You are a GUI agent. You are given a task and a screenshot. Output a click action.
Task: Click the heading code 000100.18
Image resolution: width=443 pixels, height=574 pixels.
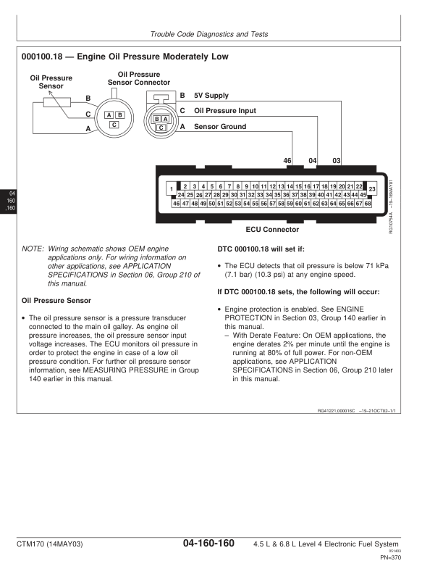click(44, 57)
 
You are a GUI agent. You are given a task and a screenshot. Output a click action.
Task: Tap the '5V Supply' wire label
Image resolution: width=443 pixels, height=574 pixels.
click(211, 95)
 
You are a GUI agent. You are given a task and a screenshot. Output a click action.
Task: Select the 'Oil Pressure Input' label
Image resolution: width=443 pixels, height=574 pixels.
click(224, 111)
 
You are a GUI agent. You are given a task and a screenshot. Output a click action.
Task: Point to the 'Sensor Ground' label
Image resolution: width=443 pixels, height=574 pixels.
click(219, 127)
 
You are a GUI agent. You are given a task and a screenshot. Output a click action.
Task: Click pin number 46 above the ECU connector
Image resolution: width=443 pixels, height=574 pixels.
click(287, 159)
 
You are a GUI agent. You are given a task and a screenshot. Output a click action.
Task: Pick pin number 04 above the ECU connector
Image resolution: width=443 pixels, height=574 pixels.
click(313, 159)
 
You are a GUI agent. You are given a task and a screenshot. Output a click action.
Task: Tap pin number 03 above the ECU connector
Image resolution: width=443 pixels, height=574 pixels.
click(337, 159)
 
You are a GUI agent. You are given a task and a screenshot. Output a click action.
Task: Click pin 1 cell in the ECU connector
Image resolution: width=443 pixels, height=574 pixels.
click(172, 191)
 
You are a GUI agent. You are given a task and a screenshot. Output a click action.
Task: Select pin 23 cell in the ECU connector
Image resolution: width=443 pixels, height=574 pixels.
click(371, 189)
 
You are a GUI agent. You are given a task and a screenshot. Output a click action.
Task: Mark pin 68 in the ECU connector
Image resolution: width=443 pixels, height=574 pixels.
click(368, 204)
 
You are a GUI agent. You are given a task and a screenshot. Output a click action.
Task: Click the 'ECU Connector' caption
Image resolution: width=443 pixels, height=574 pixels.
click(272, 230)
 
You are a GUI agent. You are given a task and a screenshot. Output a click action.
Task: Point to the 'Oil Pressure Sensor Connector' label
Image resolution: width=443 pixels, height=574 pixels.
click(138, 78)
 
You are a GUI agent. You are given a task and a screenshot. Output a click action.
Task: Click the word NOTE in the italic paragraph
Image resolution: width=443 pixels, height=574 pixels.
click(33, 249)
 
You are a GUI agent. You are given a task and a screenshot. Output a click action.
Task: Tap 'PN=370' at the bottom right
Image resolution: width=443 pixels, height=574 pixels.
click(390, 557)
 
